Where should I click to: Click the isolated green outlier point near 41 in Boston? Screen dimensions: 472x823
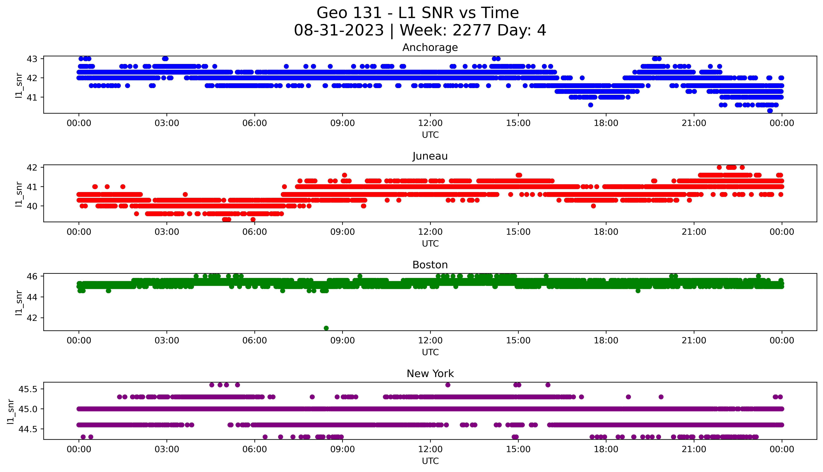(x=326, y=328)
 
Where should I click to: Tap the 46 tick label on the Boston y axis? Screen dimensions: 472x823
(x=32, y=276)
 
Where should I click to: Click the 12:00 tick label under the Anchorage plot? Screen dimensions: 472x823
(x=430, y=123)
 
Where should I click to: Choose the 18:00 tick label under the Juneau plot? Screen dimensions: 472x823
(x=606, y=232)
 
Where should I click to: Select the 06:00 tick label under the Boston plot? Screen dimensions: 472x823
(x=255, y=340)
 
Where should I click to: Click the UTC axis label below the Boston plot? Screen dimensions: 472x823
(x=430, y=352)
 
